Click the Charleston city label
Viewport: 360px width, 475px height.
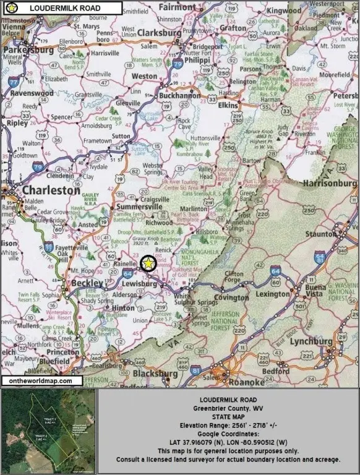click(52, 191)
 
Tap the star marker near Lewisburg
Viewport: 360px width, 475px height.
click(148, 263)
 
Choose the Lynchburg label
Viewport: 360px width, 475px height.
click(312, 341)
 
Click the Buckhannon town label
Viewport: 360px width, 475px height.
click(180, 96)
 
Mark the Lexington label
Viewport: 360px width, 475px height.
click(273, 294)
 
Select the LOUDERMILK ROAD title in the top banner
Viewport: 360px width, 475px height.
click(65, 8)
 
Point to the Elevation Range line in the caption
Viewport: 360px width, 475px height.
click(228, 426)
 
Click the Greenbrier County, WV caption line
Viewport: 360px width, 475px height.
click(228, 409)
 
